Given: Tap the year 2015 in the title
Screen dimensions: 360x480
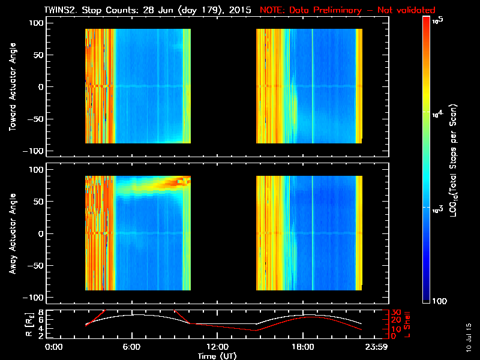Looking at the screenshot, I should (241, 10).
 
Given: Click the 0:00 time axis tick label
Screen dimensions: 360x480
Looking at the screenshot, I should (54, 347).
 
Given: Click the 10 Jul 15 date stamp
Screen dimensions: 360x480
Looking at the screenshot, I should (468, 336).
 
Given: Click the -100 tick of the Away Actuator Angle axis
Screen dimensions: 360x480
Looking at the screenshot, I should (35, 298).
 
